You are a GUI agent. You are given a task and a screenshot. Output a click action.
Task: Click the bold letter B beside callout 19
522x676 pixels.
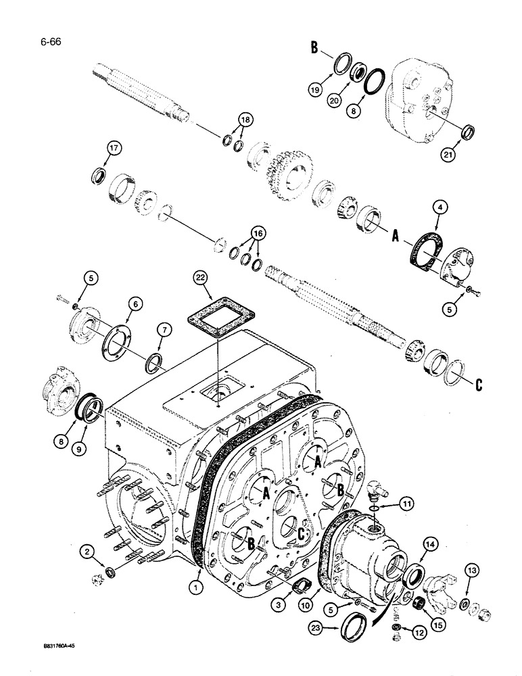314,49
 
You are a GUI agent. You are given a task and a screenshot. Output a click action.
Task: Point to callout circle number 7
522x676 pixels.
163,329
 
